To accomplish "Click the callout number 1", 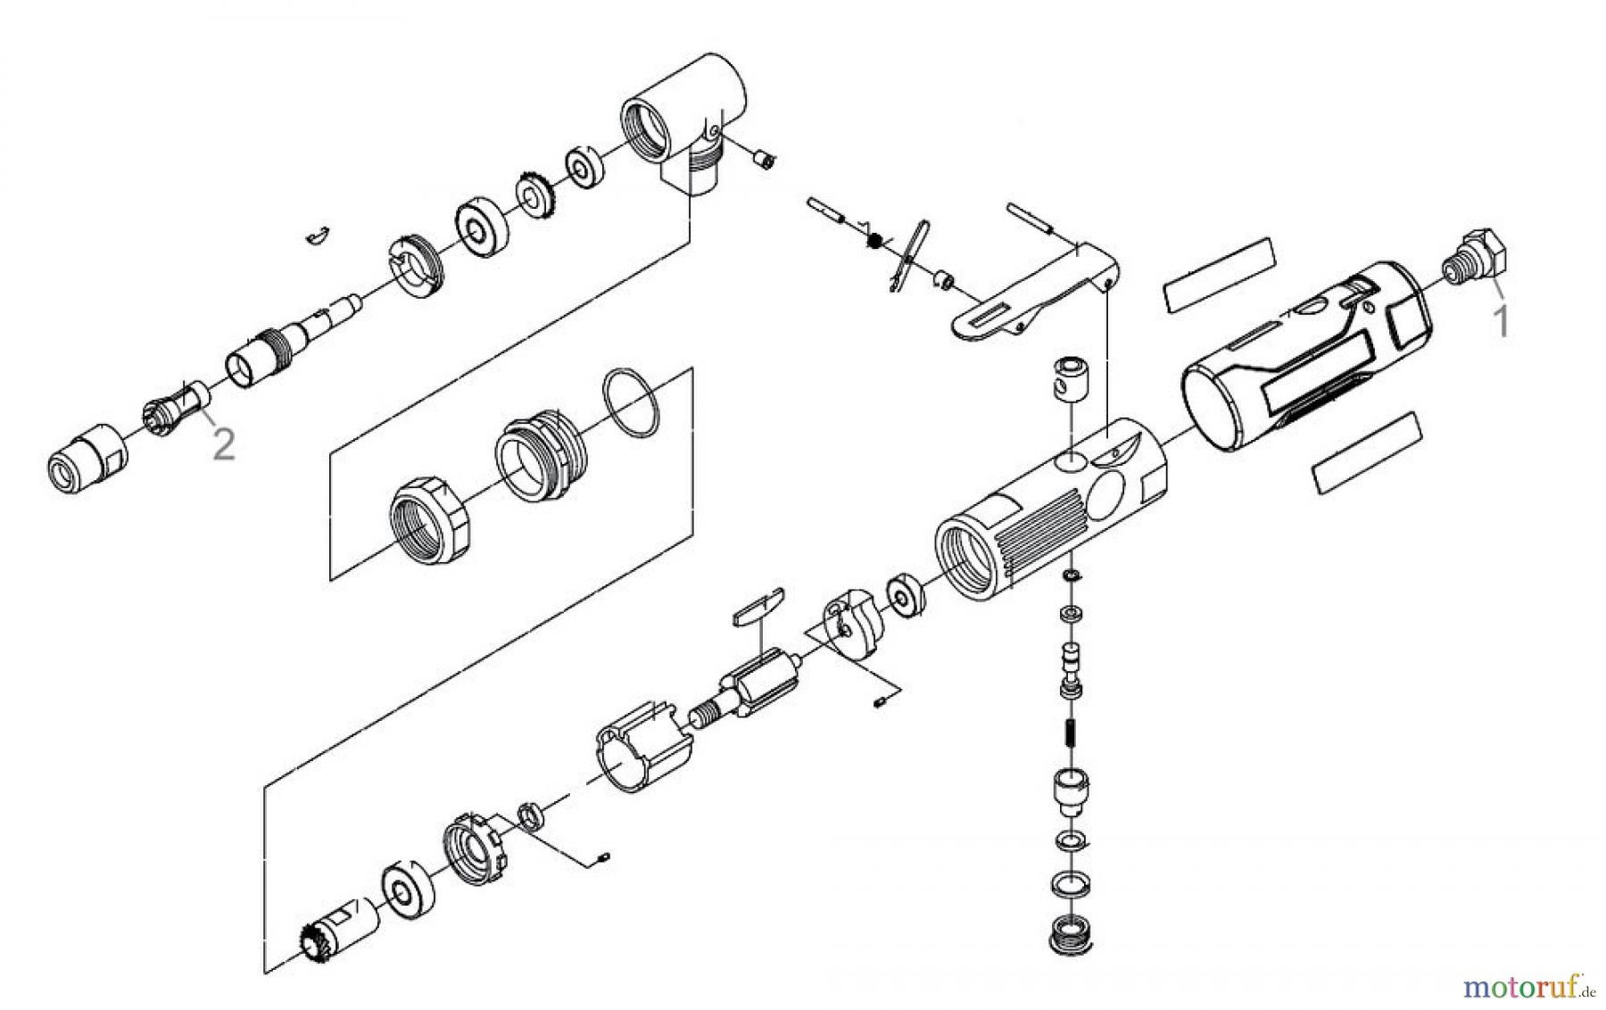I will point(1502,320).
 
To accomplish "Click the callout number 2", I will point(223,443).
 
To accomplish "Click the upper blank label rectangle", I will point(1220,274).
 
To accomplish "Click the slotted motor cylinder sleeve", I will point(641,748).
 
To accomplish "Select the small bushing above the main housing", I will point(1067,377).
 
